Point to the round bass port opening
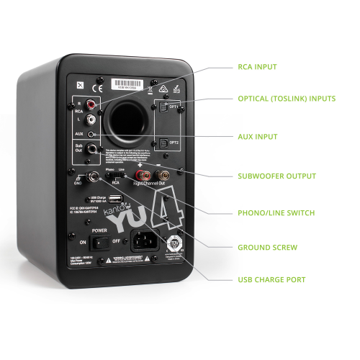tap(130, 114)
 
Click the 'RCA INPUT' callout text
tap(257, 67)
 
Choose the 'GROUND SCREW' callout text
tap(267, 247)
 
